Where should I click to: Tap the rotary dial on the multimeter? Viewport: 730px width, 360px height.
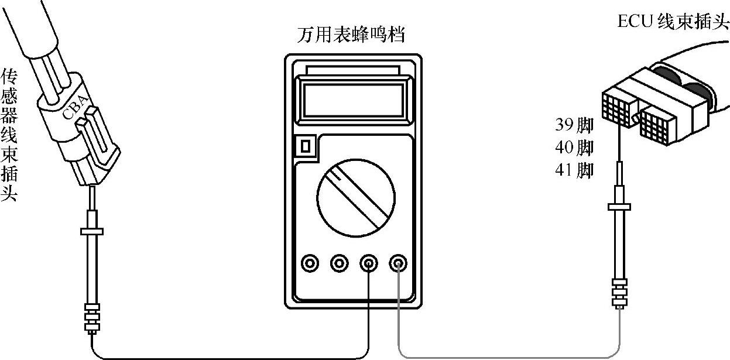pyautogui.click(x=354, y=195)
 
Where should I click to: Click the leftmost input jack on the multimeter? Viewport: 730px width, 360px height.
pyautogui.click(x=309, y=264)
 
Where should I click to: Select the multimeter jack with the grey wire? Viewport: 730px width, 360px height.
pyautogui.click(x=399, y=264)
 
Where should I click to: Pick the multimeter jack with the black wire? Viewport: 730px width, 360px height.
pyautogui.click(x=369, y=264)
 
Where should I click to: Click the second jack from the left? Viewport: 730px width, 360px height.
pyautogui.click(x=339, y=264)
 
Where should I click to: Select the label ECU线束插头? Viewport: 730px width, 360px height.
pyautogui.click(x=673, y=22)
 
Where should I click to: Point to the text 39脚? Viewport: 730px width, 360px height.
pyautogui.click(x=574, y=125)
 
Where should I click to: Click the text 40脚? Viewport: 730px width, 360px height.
pyautogui.click(x=574, y=148)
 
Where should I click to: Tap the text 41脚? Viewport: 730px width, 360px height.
pyautogui.click(x=574, y=170)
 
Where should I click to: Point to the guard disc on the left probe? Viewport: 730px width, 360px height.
pyautogui.click(x=91, y=231)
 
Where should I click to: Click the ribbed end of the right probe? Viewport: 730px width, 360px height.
pyautogui.click(x=619, y=293)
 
